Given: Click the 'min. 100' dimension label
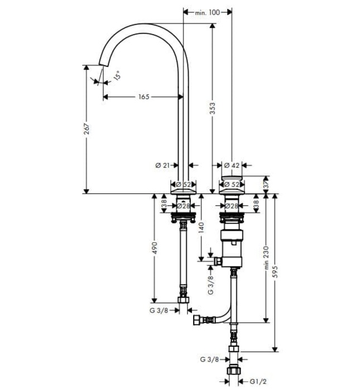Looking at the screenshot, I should pos(207,11).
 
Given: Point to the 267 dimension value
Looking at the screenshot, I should pos(87,128).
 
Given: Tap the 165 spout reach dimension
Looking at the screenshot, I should pos(143,97).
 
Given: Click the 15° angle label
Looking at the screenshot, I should pos(116,75).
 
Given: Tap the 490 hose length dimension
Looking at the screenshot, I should pos(155,249).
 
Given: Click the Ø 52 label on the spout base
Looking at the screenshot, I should pos(184,184).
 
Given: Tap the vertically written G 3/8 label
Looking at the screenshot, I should pos(210,284).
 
